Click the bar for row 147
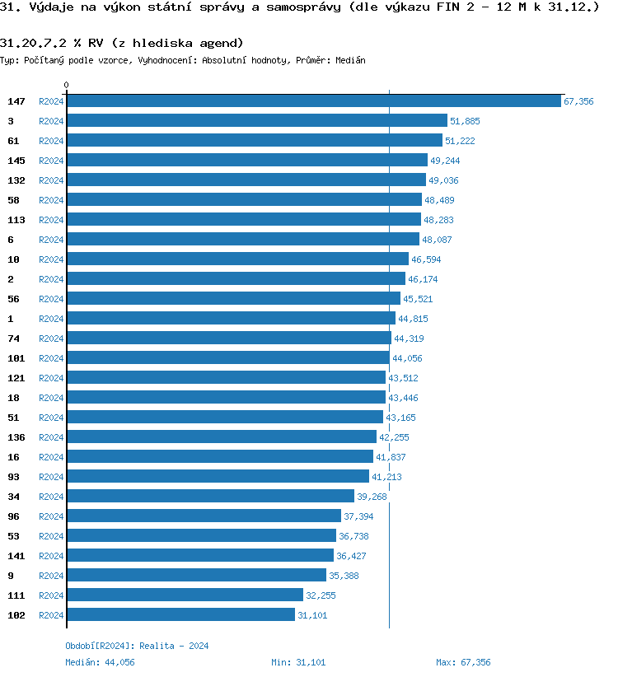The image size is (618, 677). [x=313, y=101]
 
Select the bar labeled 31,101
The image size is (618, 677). [x=180, y=615]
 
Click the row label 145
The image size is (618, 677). [x=16, y=161]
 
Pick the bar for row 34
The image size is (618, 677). [x=210, y=497]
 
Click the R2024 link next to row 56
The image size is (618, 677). [x=51, y=299]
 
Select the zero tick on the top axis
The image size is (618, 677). [x=67, y=86]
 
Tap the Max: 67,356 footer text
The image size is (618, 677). [x=463, y=662]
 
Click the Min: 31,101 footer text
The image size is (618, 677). [x=298, y=662]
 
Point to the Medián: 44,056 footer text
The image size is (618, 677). [x=100, y=662]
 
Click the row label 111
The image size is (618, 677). [x=16, y=595]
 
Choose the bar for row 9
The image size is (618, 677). [x=196, y=576]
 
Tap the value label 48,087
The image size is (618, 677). [x=437, y=240]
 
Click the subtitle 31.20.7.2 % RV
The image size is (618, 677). [x=122, y=43]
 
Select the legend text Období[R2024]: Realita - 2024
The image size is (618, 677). [x=137, y=646]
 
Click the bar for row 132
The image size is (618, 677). [x=246, y=180]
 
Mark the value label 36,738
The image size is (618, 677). [x=353, y=536]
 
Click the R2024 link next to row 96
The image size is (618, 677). [x=51, y=516]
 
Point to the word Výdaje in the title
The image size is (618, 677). [x=48, y=8]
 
